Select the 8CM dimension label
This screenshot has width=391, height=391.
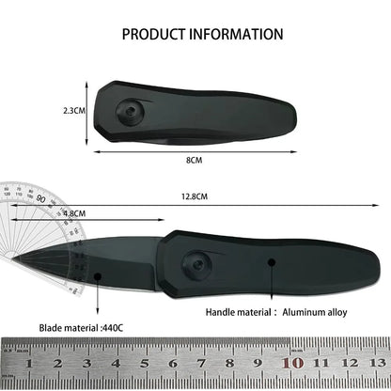click(194, 161)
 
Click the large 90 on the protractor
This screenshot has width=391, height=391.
click(40, 199)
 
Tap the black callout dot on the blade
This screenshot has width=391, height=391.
click(98, 274)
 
